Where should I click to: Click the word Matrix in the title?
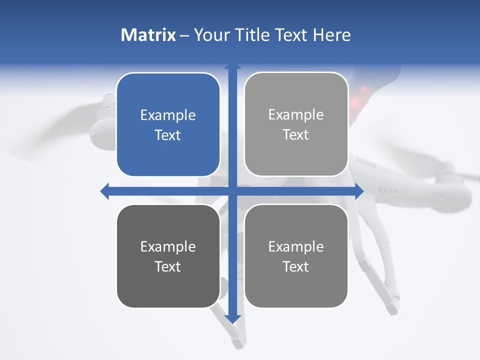pyautogui.click(x=148, y=35)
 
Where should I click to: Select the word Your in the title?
pyautogui.click(x=211, y=35)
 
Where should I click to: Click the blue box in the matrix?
pyautogui.click(x=168, y=125)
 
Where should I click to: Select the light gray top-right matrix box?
pyautogui.click(x=296, y=124)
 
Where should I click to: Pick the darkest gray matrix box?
pyautogui.click(x=168, y=256)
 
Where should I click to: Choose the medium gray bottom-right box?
pyautogui.click(x=296, y=256)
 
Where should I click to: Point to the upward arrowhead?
pyautogui.click(x=232, y=66)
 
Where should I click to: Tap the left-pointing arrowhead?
pyautogui.click(x=104, y=191)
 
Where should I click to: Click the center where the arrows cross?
pyautogui.click(x=232, y=191)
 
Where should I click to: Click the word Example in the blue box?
pyautogui.click(x=168, y=115)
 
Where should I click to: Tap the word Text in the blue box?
pyautogui.click(x=168, y=135)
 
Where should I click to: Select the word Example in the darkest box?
pyautogui.click(x=168, y=246)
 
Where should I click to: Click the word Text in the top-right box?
pyautogui.click(x=296, y=134)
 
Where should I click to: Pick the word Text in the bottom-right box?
pyautogui.click(x=296, y=266)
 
